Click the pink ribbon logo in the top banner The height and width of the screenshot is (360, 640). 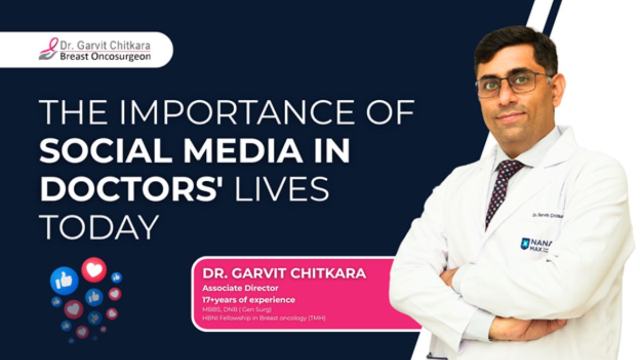(x=49, y=49)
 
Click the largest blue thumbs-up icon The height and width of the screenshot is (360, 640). (x=64, y=281)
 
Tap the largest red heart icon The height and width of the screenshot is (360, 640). (x=94, y=270)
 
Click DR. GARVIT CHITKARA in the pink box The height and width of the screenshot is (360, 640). (x=284, y=274)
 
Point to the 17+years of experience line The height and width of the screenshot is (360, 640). (x=249, y=300)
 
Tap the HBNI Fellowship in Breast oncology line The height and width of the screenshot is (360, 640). (x=263, y=318)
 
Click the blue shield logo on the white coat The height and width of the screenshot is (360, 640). (x=525, y=244)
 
